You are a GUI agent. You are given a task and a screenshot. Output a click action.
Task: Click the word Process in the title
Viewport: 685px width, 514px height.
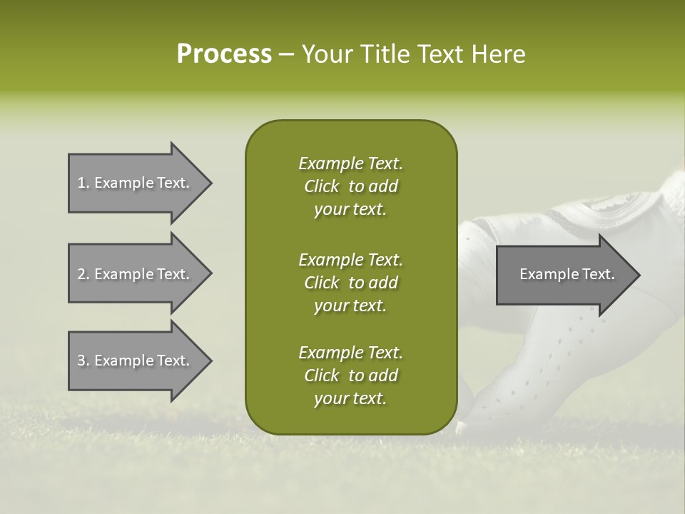coord(224,54)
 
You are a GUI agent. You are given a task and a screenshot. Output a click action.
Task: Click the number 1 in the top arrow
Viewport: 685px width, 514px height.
coord(81,183)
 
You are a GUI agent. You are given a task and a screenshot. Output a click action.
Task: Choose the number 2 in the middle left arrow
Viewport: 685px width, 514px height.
coord(81,274)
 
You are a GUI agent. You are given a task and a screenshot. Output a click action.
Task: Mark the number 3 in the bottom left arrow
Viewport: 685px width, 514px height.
coord(81,361)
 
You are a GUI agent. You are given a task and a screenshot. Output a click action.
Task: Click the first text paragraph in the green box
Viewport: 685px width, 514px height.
coord(350,186)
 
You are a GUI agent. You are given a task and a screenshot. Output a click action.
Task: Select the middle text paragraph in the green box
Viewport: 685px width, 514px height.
coord(350,282)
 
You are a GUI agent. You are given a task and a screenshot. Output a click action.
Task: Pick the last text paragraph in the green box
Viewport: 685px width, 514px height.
coord(350,376)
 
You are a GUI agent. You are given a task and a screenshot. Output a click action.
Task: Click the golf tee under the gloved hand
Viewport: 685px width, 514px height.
coord(462,428)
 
